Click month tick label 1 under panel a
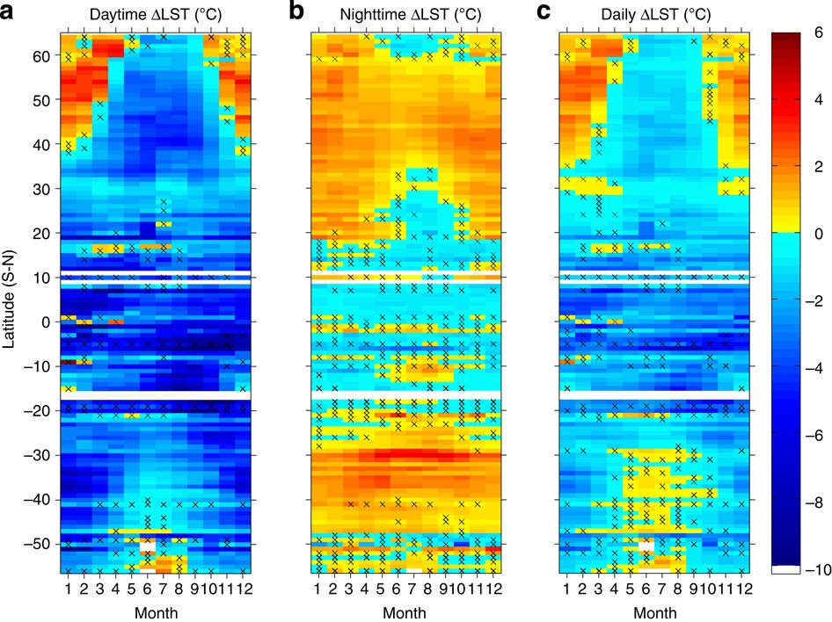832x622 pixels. pyautogui.click(x=69, y=588)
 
